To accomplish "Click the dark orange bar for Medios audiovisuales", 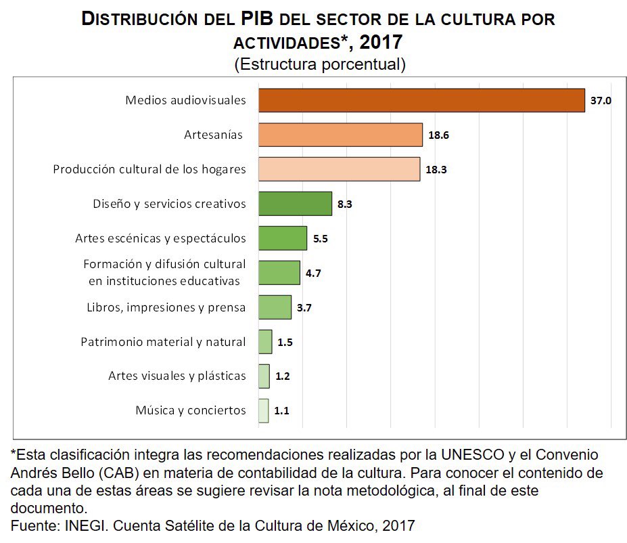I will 421,100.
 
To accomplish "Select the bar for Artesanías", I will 340,135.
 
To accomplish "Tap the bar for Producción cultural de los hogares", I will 339,169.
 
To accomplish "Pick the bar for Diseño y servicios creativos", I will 295,204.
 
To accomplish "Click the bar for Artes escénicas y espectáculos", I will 282,238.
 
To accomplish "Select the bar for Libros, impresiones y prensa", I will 275,307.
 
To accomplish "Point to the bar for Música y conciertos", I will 263,410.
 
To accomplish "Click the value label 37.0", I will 601,100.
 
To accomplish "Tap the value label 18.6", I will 438,135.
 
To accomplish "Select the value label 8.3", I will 346,204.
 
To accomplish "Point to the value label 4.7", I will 313,273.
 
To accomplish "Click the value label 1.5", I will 285,342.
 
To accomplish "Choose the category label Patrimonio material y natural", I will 163,342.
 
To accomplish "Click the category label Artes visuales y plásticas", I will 177,376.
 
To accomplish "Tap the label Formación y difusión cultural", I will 164,263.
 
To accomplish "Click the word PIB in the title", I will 260,18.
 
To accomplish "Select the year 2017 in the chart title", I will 381,42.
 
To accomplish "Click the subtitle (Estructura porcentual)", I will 319,64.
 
